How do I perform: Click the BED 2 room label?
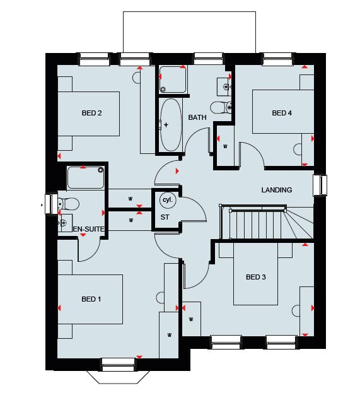[x=92, y=113]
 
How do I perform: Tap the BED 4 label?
[x=282, y=113]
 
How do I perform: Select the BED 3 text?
[x=256, y=277]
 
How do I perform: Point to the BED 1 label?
[x=91, y=299]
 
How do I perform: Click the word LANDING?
[x=277, y=190]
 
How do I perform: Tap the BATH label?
[x=197, y=117]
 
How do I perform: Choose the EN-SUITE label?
[x=88, y=229]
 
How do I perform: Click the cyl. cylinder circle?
[x=168, y=200]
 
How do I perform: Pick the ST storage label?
[x=165, y=217]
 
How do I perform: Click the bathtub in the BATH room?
[x=171, y=125]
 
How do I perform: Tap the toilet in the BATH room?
[x=221, y=107]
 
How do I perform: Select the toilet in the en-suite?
[x=68, y=204]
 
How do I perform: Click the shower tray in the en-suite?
[x=86, y=177]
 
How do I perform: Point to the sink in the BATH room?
[x=224, y=87]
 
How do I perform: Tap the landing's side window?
[x=320, y=185]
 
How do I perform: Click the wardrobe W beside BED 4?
[x=225, y=146]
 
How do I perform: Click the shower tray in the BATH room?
[x=173, y=79]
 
